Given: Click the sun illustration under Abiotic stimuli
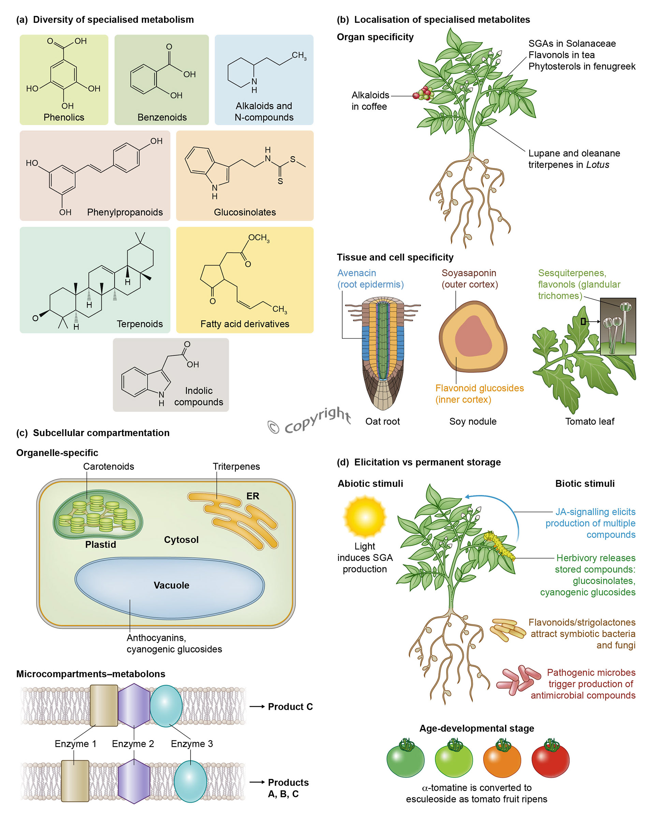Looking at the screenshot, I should [365, 517].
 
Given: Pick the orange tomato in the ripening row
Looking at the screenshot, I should [502, 759].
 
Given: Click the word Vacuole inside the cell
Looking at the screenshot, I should [171, 585].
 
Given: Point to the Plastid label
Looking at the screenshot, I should [101, 544].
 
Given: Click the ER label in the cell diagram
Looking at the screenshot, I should [253, 496].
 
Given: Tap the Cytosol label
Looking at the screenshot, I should [181, 539].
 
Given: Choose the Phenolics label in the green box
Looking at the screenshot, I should [64, 117].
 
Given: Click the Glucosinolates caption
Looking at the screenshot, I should [245, 212].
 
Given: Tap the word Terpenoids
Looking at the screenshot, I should [140, 324].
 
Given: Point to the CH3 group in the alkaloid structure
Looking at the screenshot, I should [299, 56].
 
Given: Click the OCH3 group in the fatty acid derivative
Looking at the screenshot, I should [259, 238].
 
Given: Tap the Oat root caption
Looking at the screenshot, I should [382, 421].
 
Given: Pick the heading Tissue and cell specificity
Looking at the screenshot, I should [395, 257].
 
